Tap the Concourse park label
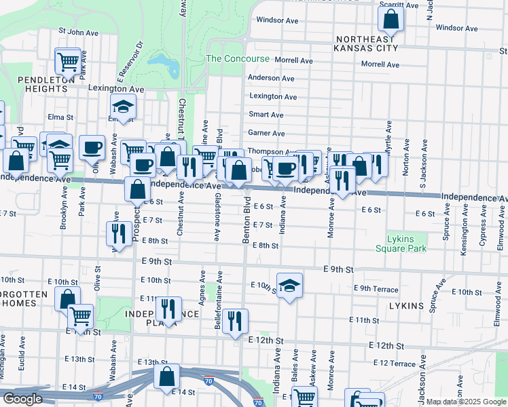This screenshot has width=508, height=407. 238,59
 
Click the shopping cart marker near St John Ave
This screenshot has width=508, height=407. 68,61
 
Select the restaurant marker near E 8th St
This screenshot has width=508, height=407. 120,234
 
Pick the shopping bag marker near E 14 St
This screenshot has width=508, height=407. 166,377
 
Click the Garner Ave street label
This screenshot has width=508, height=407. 266,134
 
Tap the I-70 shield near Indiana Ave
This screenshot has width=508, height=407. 258,402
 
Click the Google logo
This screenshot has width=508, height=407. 22,398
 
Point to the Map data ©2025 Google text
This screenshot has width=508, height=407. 466,402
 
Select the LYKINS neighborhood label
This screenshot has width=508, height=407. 407,306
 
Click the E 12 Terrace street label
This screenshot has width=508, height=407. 394,364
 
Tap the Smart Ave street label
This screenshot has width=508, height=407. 266,115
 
